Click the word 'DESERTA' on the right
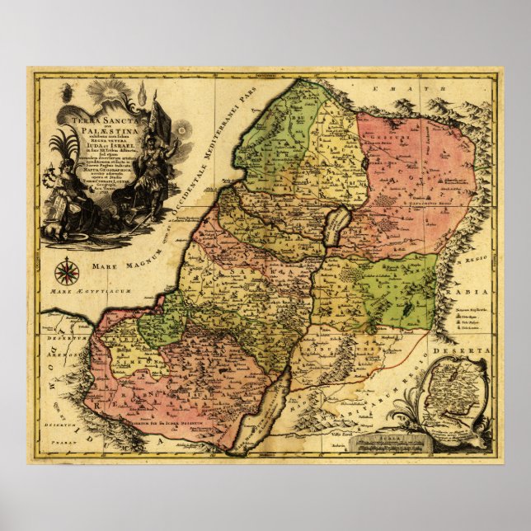click(x=475, y=350)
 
